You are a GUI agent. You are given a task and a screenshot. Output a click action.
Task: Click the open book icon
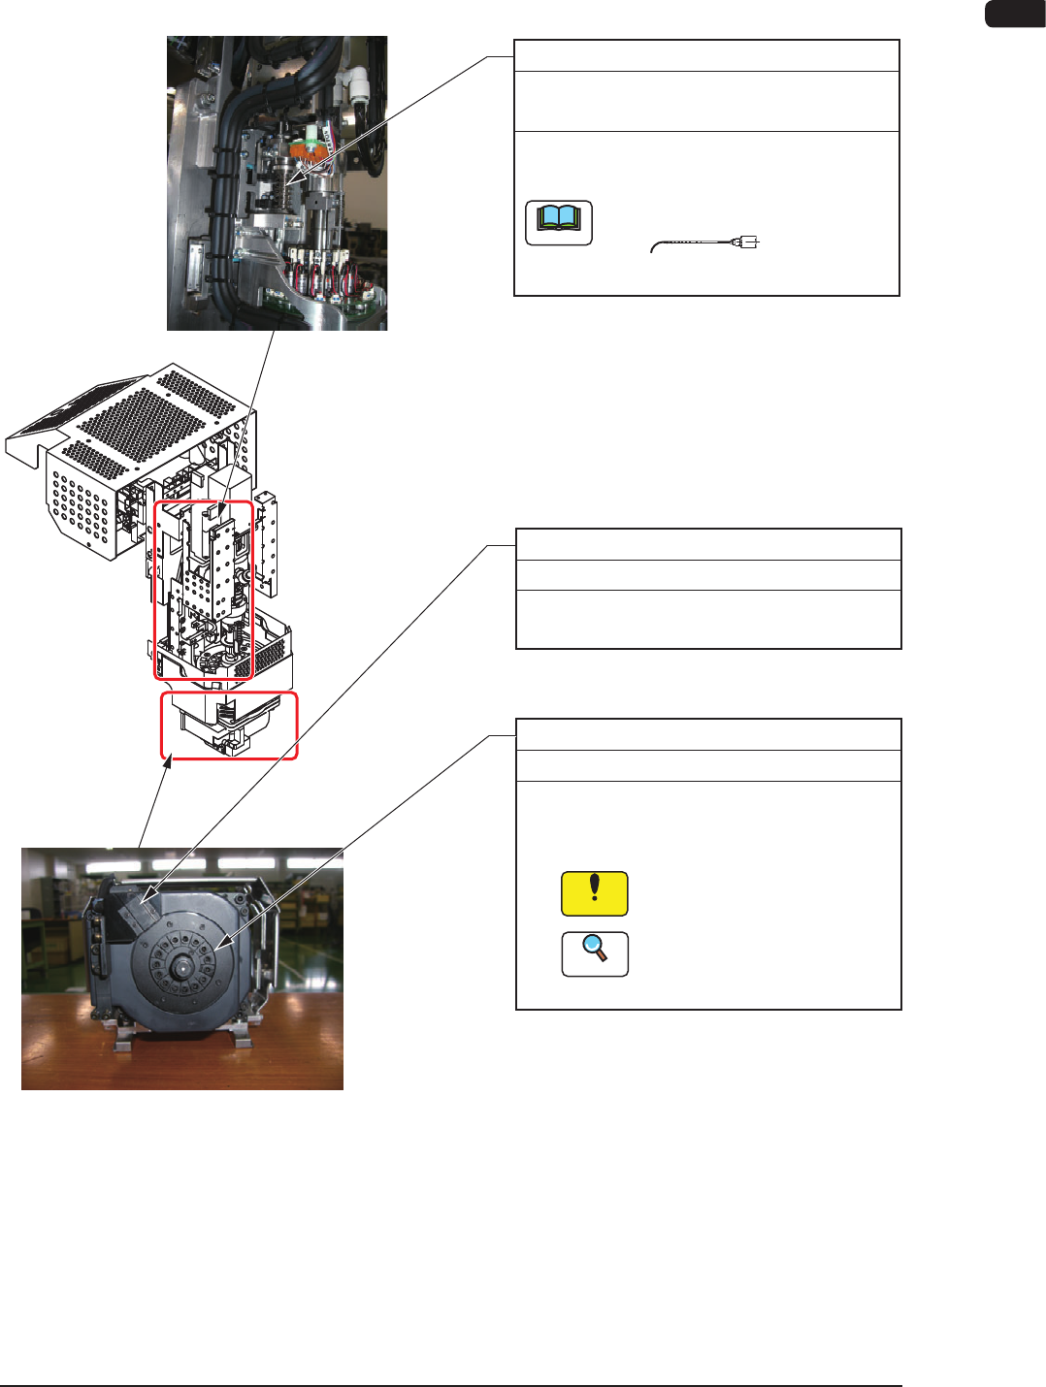559,222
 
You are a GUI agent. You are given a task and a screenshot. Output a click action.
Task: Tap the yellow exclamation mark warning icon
594,893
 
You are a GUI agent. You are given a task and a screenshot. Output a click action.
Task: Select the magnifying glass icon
595,953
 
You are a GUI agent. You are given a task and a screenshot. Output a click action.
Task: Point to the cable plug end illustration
747,242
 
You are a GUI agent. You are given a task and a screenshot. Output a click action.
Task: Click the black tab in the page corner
1015,14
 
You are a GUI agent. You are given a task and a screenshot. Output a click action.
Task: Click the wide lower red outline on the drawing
229,726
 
